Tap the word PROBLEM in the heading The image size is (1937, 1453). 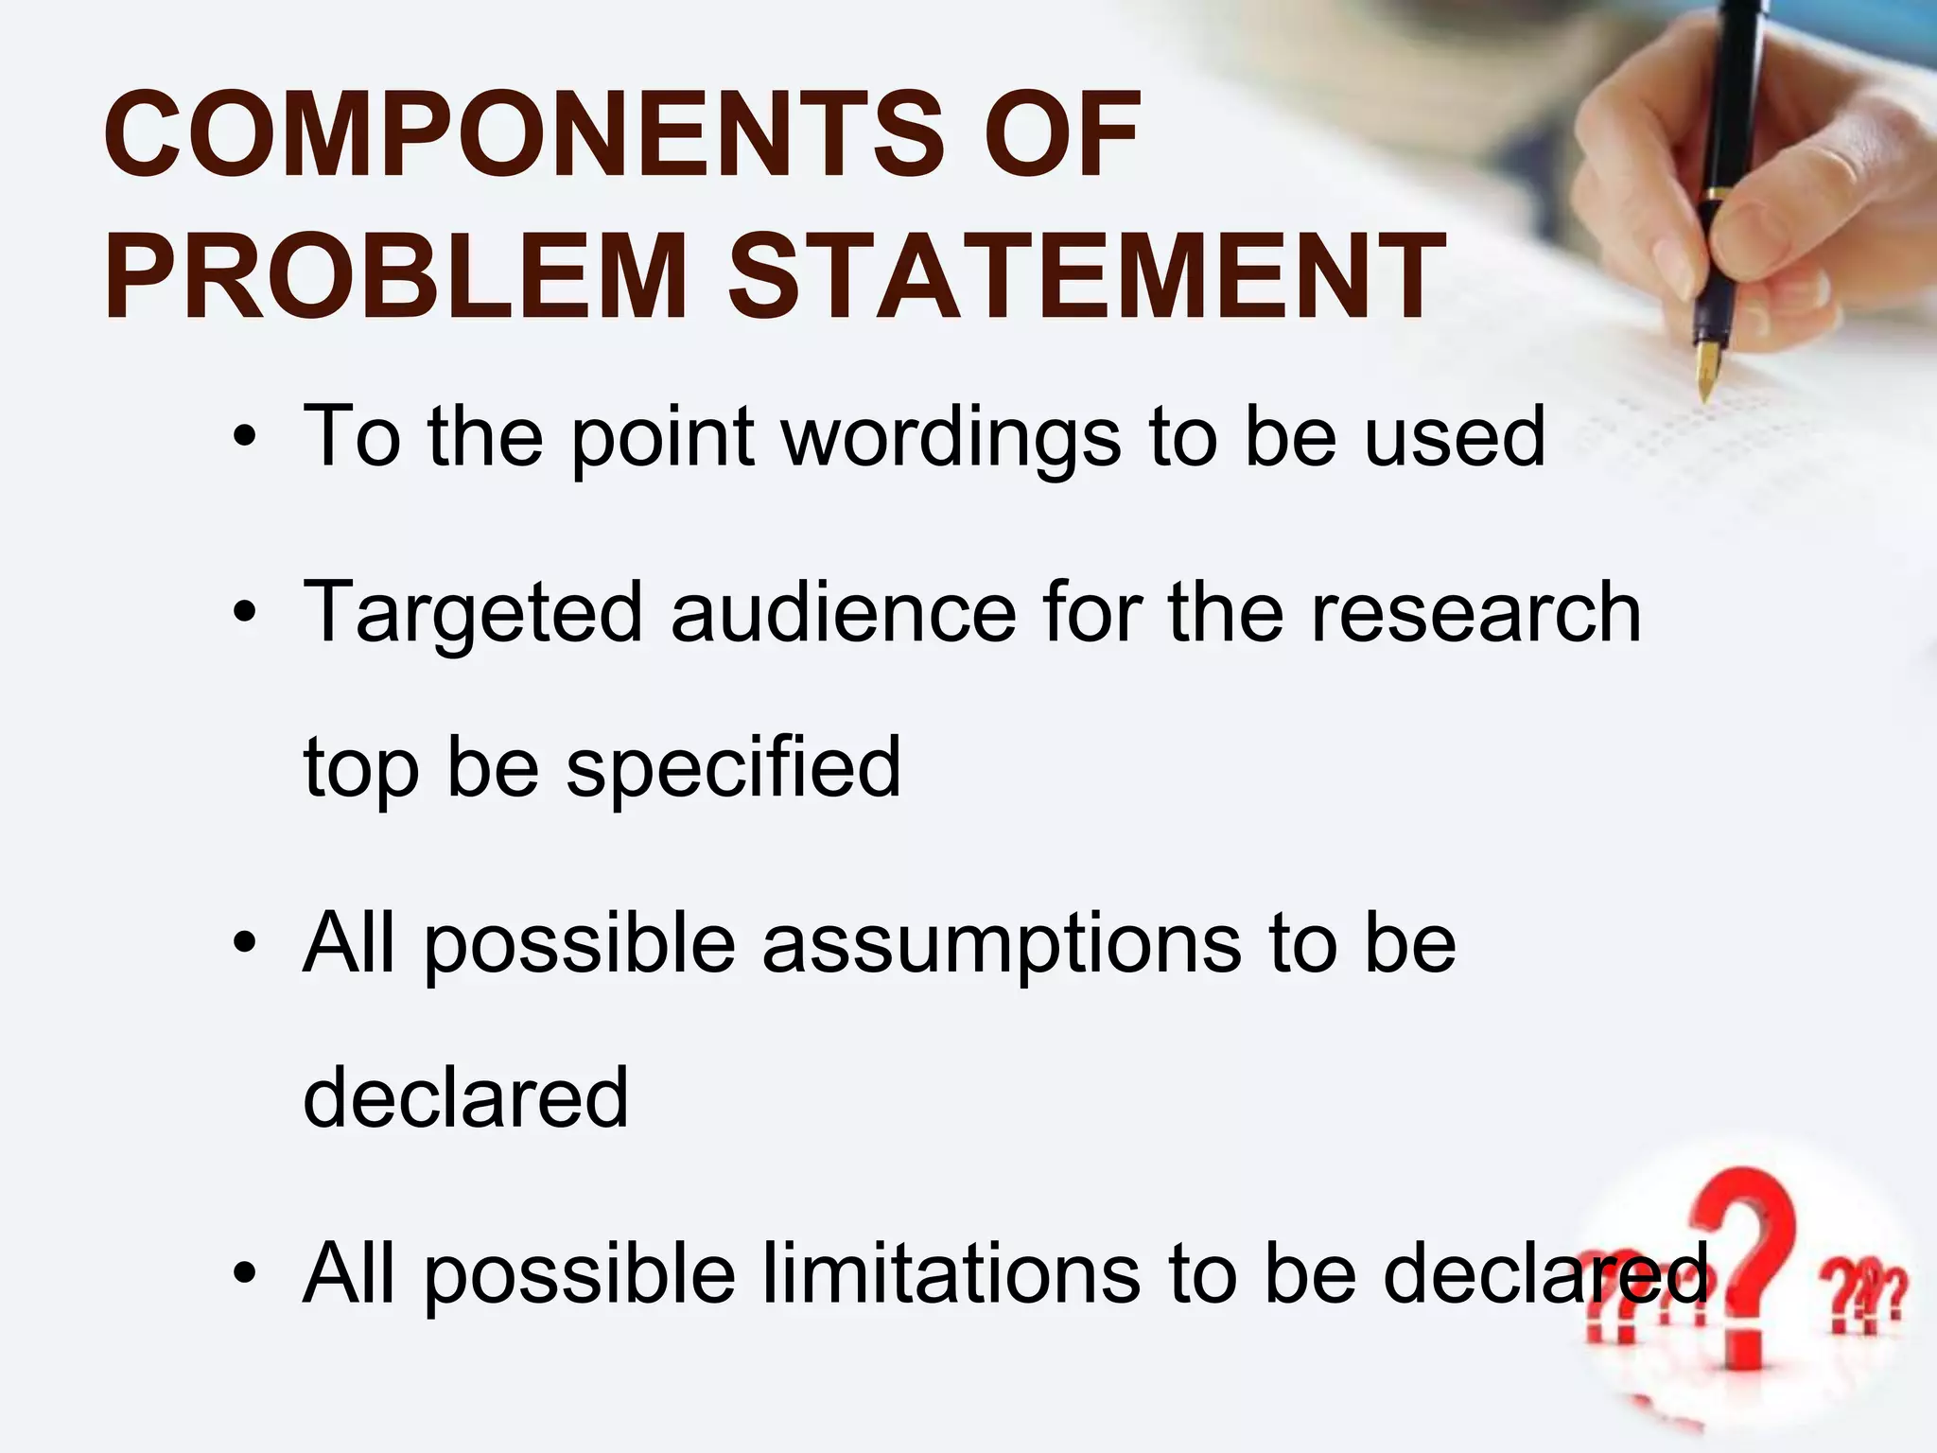tap(395, 277)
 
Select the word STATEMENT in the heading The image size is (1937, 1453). tap(1086, 277)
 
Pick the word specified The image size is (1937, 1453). tap(733, 768)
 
